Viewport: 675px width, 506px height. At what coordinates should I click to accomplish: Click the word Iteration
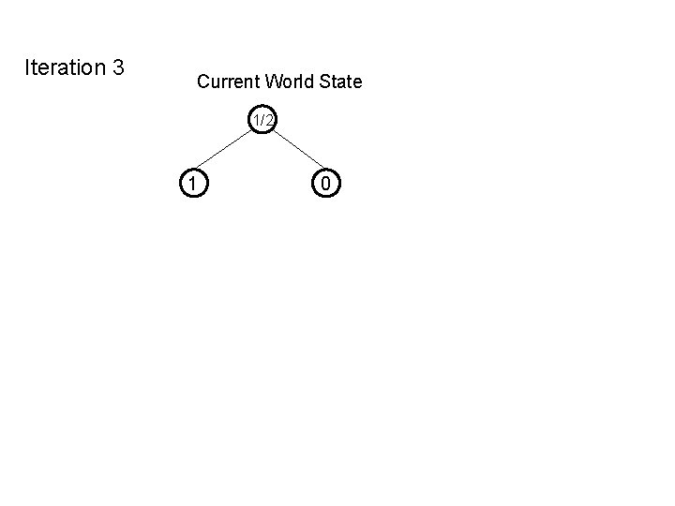(x=64, y=67)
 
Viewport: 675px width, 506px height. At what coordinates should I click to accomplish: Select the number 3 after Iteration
(x=118, y=67)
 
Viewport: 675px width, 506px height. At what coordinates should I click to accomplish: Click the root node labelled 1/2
(x=263, y=120)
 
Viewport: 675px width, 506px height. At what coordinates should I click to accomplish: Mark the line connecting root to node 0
(x=295, y=152)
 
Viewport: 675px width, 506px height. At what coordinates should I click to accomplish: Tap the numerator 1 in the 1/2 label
(x=256, y=120)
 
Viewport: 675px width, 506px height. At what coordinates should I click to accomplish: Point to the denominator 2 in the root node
(x=269, y=120)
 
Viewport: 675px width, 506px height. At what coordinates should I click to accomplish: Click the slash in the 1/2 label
(x=262, y=120)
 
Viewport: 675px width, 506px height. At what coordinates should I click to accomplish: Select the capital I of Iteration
(x=27, y=67)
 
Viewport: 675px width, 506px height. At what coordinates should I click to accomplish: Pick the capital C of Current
(x=203, y=82)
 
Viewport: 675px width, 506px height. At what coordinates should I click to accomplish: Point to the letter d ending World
(x=311, y=82)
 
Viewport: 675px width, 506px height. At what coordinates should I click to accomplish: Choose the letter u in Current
(x=215, y=82)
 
